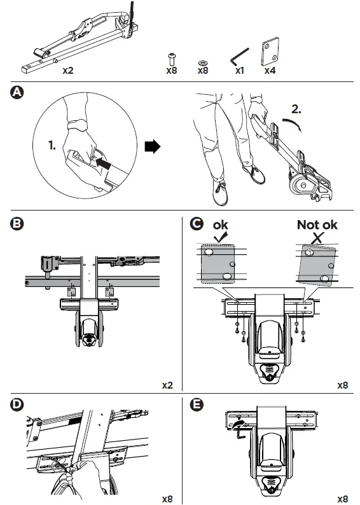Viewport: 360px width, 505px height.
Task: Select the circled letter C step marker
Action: (x=197, y=223)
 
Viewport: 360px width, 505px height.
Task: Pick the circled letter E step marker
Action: (x=197, y=405)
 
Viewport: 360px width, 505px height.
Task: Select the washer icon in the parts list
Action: (x=202, y=62)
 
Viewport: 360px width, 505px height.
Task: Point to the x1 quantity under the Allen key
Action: (x=240, y=71)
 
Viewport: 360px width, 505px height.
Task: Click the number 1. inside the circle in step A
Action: (x=52, y=145)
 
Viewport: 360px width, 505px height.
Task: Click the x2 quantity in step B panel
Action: (x=167, y=385)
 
